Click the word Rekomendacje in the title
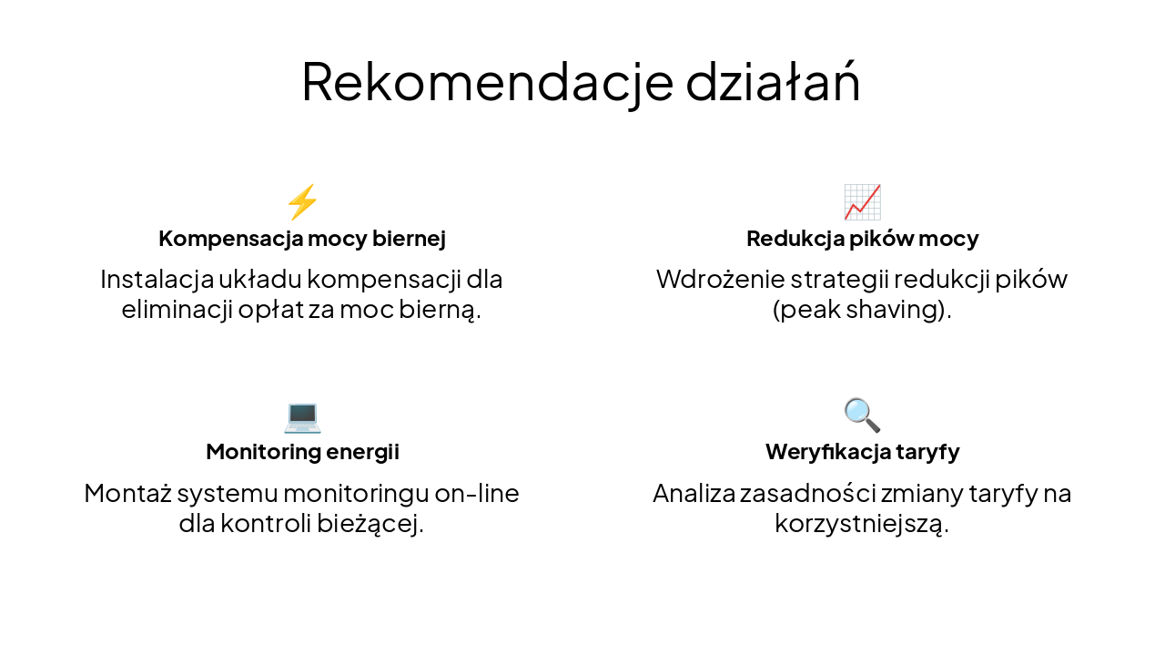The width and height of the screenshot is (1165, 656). coord(487,82)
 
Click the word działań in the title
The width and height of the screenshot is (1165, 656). coord(773,82)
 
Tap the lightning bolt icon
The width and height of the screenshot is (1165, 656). coord(302,202)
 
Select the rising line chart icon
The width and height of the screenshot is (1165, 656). coord(862,202)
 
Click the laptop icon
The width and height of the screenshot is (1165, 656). coord(302,416)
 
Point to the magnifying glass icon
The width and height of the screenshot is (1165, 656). coord(862,415)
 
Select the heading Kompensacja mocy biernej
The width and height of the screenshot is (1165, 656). coord(302,239)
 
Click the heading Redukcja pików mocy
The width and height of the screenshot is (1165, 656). coord(862,239)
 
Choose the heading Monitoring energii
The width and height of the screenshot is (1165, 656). coord(302,452)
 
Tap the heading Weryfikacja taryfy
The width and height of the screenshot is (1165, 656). coord(862,452)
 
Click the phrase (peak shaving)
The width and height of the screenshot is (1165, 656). coord(862,310)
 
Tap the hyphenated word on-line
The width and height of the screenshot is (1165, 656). coord(477,494)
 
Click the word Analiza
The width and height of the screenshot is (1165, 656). coord(693,494)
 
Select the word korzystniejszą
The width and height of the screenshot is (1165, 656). coord(862,525)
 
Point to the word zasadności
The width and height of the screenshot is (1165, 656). coord(795,494)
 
